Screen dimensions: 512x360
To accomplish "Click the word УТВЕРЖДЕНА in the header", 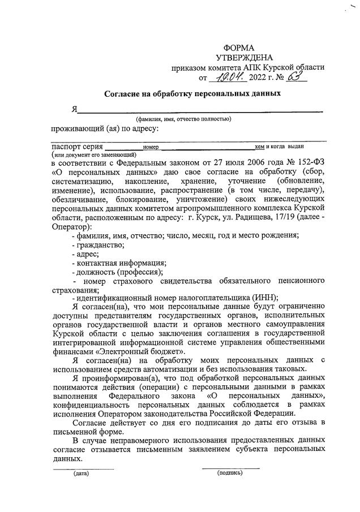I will pos(244,57).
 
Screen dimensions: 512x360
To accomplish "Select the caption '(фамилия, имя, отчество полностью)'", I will pos(183,119).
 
